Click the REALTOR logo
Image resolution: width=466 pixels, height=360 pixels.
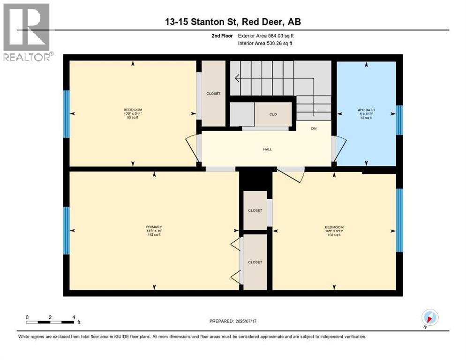point(27,32)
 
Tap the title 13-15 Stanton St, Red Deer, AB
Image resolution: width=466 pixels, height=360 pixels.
point(233,22)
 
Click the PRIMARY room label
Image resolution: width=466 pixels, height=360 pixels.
point(154,227)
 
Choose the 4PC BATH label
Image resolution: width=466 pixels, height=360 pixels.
point(366,111)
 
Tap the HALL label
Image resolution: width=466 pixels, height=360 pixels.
point(267,150)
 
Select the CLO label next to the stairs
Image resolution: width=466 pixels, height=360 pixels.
point(273,113)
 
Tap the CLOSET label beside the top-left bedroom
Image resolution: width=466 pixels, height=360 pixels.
point(213,94)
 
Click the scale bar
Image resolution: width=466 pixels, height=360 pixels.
point(50,322)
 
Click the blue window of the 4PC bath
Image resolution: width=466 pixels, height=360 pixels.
point(399,120)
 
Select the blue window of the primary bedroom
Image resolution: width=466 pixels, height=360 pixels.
point(67,231)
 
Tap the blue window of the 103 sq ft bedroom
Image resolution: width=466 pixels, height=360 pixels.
point(399,220)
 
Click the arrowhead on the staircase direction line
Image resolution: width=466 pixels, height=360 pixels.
point(238,78)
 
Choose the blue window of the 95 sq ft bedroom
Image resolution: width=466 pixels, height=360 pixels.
point(67,114)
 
